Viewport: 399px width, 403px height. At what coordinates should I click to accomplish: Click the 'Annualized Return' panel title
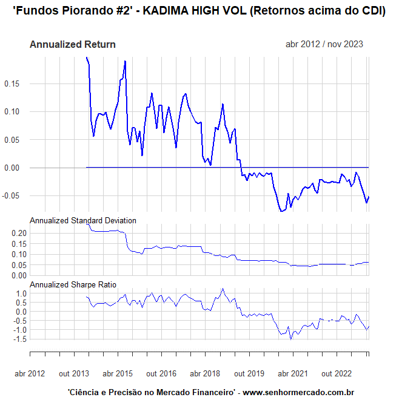(72, 44)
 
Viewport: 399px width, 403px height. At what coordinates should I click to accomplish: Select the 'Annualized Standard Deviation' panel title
(83, 220)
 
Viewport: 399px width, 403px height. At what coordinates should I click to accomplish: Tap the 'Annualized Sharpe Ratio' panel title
(73, 284)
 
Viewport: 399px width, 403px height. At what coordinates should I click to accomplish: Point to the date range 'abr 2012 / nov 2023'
(324, 44)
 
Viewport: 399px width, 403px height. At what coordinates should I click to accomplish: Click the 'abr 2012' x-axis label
(30, 374)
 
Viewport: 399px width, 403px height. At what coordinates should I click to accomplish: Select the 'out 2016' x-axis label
(161, 374)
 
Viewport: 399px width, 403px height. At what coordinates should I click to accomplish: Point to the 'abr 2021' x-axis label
(293, 374)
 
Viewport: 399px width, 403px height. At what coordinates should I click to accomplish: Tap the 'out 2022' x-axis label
(337, 374)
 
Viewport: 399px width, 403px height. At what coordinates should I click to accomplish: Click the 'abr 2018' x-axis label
(205, 374)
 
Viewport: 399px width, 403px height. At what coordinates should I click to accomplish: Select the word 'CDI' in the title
(369, 12)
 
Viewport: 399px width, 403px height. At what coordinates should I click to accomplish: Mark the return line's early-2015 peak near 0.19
(125, 61)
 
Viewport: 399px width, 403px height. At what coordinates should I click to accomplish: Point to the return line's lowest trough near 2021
(281, 211)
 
